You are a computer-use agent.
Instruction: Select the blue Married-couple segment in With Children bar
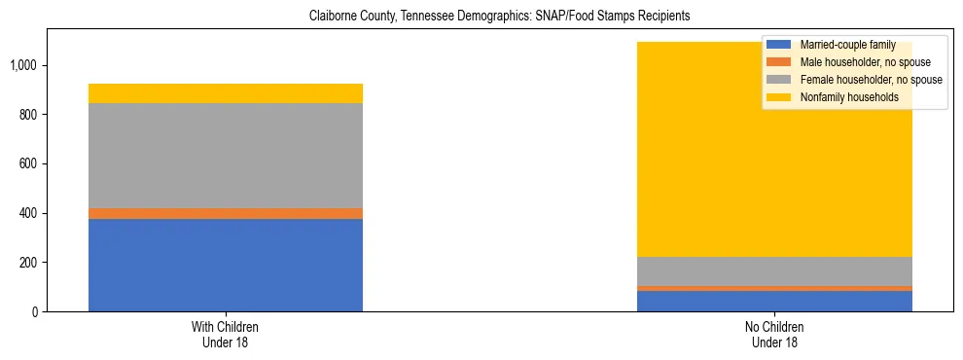(226, 265)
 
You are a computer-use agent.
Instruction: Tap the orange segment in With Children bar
(226, 213)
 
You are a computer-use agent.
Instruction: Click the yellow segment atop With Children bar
(226, 93)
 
